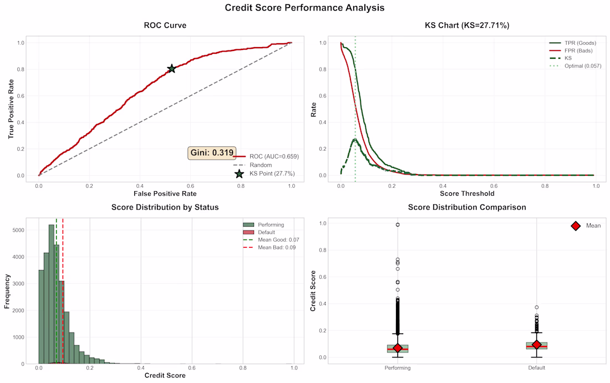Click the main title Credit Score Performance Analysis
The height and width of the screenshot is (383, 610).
tap(304, 8)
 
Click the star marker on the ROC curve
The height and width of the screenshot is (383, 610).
tap(172, 69)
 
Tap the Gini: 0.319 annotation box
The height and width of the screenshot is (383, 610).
tap(213, 153)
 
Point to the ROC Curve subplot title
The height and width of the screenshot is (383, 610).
tap(165, 25)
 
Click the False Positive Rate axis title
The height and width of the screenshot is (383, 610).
tap(165, 194)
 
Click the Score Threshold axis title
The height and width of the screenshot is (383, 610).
tap(467, 194)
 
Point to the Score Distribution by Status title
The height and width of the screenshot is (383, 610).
tap(165, 207)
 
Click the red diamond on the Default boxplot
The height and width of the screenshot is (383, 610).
tap(536, 345)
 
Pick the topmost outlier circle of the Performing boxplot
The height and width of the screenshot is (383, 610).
tap(398, 224)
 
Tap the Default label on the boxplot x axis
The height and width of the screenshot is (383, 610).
tap(536, 367)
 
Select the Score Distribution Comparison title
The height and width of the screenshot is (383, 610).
tap(467, 207)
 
